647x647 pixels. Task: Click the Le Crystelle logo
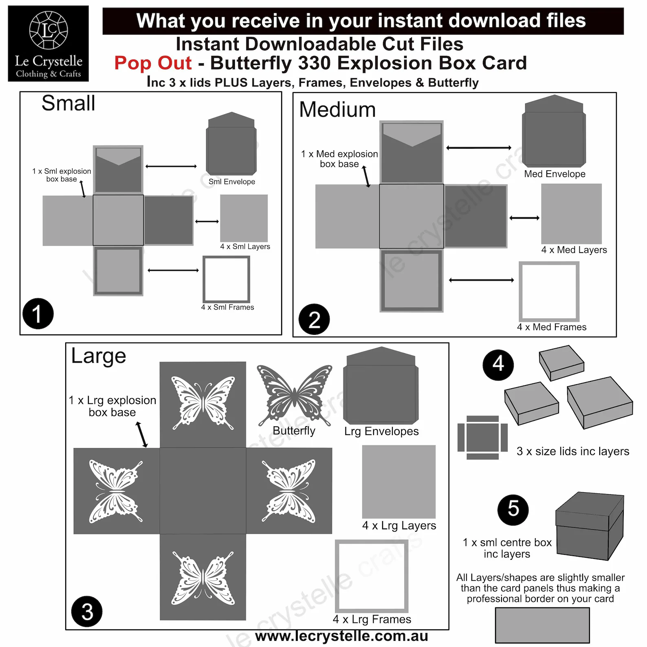coord(48,44)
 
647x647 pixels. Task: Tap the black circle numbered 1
coord(38,314)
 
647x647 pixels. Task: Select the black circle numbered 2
coord(314,319)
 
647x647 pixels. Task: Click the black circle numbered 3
coord(87,612)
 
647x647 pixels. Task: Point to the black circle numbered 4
coord(498,365)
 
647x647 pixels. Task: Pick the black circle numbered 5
coord(513,510)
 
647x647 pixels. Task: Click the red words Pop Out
coord(153,64)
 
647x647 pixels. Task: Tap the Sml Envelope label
coord(232,182)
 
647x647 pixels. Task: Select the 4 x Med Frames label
coord(552,327)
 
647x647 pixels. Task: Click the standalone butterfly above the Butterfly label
coord(294,395)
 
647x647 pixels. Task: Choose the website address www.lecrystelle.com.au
coord(341,636)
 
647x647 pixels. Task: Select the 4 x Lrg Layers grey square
coord(399,482)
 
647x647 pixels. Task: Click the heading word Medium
coord(337,110)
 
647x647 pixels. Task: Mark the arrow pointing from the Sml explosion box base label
coord(83,189)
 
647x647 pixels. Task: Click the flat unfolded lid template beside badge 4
coord(482,438)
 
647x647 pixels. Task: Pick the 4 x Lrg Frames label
coord(372,620)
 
